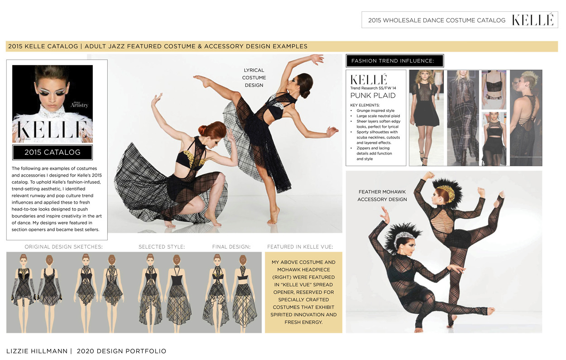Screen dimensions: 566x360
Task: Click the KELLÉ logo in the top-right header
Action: [x=533, y=20]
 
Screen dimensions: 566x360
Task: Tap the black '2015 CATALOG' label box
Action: [x=53, y=152]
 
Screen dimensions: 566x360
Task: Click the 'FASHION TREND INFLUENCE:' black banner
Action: [x=395, y=61]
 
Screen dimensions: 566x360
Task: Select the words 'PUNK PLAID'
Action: [x=373, y=96]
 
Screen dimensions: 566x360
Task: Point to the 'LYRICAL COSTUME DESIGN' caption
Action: [x=254, y=77]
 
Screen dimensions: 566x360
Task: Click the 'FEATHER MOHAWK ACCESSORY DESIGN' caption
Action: [x=382, y=196]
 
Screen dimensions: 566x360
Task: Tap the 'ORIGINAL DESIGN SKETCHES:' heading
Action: [x=64, y=247]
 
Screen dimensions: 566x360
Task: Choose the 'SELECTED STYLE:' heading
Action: [x=162, y=247]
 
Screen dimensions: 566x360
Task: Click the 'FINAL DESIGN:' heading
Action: [x=231, y=247]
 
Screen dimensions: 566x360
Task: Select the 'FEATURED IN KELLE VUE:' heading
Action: [x=300, y=247]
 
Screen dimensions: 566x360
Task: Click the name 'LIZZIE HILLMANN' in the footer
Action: [x=37, y=351]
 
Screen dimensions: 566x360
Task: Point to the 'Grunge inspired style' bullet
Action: [x=375, y=110]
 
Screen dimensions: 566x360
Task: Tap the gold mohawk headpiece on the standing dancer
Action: [x=448, y=192]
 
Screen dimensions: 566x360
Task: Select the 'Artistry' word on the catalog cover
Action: [x=79, y=105]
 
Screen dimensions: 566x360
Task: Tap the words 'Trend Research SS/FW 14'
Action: [x=373, y=88]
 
